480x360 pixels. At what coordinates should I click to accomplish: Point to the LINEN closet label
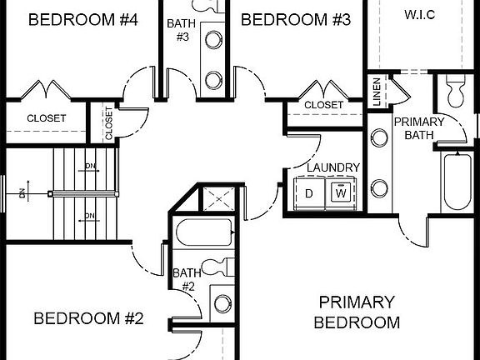pyautogui.click(x=377, y=92)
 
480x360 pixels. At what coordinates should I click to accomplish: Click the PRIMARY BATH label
pyautogui.click(x=425, y=127)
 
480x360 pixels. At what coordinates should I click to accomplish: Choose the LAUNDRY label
pyautogui.click(x=333, y=167)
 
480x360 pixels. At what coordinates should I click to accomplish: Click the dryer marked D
pyautogui.click(x=309, y=193)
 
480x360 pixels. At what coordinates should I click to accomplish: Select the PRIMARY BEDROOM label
pyautogui.click(x=357, y=312)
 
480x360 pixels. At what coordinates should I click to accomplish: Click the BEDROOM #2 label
pyautogui.click(x=89, y=318)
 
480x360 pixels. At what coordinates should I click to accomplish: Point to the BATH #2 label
pyautogui.click(x=184, y=279)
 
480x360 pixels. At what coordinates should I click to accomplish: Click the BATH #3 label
pyautogui.click(x=181, y=30)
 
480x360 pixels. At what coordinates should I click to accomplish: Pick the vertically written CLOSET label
pyautogui.click(x=108, y=122)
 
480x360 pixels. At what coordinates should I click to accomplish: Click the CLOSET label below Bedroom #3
pyautogui.click(x=323, y=105)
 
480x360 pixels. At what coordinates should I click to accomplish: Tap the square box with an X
pyautogui.click(x=219, y=199)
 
